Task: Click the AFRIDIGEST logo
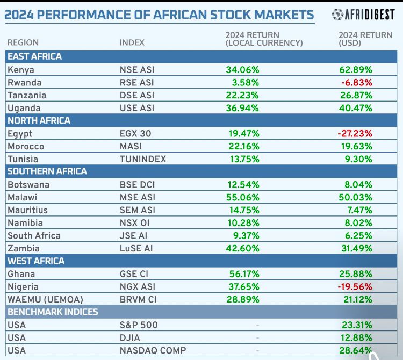pos(363,15)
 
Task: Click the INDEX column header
pos(132,42)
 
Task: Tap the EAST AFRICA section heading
pos(34,56)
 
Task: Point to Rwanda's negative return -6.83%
pos(357,83)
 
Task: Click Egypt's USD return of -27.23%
pos(355,133)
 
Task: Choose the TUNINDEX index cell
pos(143,159)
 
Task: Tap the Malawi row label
pos(22,197)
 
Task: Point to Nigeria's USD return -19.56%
pos(355,287)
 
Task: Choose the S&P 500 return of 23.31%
pos(357,325)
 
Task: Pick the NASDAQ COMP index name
pos(153,350)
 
